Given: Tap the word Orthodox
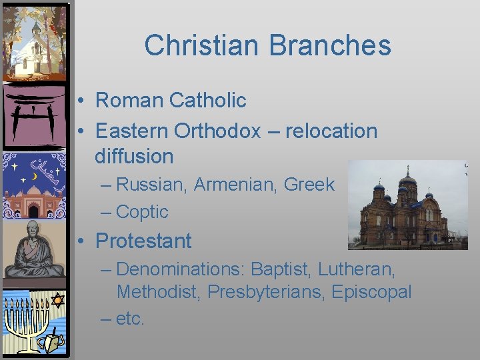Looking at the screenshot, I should pyautogui.click(x=217, y=131).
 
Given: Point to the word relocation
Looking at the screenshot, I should pyautogui.click(x=331, y=131).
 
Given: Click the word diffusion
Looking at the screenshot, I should pyautogui.click(x=134, y=157).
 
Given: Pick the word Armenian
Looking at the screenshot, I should pyautogui.click(x=236, y=185).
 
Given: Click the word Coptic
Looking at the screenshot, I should pyautogui.click(x=142, y=212).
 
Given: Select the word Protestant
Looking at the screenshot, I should pyautogui.click(x=143, y=241).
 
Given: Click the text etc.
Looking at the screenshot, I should pyautogui.click(x=130, y=318).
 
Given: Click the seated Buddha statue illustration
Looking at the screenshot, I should pyautogui.click(x=34, y=250).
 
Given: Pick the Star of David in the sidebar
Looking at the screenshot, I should pyautogui.click(x=57, y=300).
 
